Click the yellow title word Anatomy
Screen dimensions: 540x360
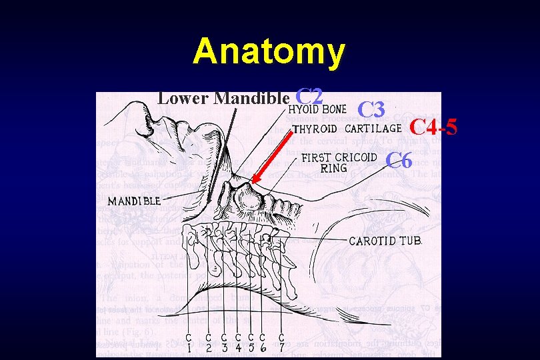pos(269,51)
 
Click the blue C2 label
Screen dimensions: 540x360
pos(309,97)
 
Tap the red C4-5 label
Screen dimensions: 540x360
pos(433,125)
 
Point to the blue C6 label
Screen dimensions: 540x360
pos(400,160)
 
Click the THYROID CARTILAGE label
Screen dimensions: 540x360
pos(347,129)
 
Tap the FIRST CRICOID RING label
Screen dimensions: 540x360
pos(338,158)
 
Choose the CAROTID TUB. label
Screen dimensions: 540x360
pos(386,241)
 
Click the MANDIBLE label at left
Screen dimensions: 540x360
pos(133,200)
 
